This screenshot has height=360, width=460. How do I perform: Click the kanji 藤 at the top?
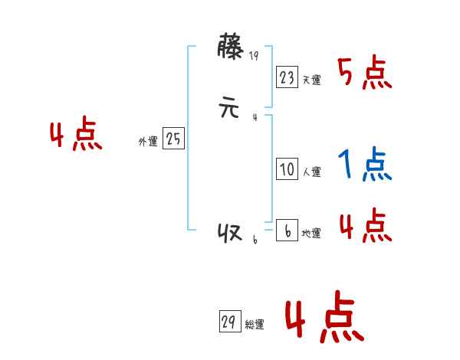click(231, 48)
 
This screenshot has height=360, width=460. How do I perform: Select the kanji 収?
click(230, 234)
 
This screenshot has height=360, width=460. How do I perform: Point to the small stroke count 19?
click(255, 55)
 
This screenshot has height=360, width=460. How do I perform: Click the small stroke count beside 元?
click(255, 117)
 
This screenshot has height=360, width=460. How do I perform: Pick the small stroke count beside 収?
click(255, 241)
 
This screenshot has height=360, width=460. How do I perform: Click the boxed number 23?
click(287, 77)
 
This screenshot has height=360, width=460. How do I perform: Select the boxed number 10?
click(287, 170)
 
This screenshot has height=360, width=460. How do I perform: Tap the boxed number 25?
click(173, 139)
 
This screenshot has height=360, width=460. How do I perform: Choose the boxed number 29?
click(228, 322)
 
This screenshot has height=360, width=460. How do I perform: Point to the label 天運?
click(311, 80)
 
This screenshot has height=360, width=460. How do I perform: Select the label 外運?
click(148, 142)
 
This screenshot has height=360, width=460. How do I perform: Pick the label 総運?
click(255, 326)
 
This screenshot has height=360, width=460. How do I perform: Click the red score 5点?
click(365, 74)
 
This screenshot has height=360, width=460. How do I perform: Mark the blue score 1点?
click(365, 164)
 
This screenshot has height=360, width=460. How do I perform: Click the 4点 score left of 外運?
click(76, 136)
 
